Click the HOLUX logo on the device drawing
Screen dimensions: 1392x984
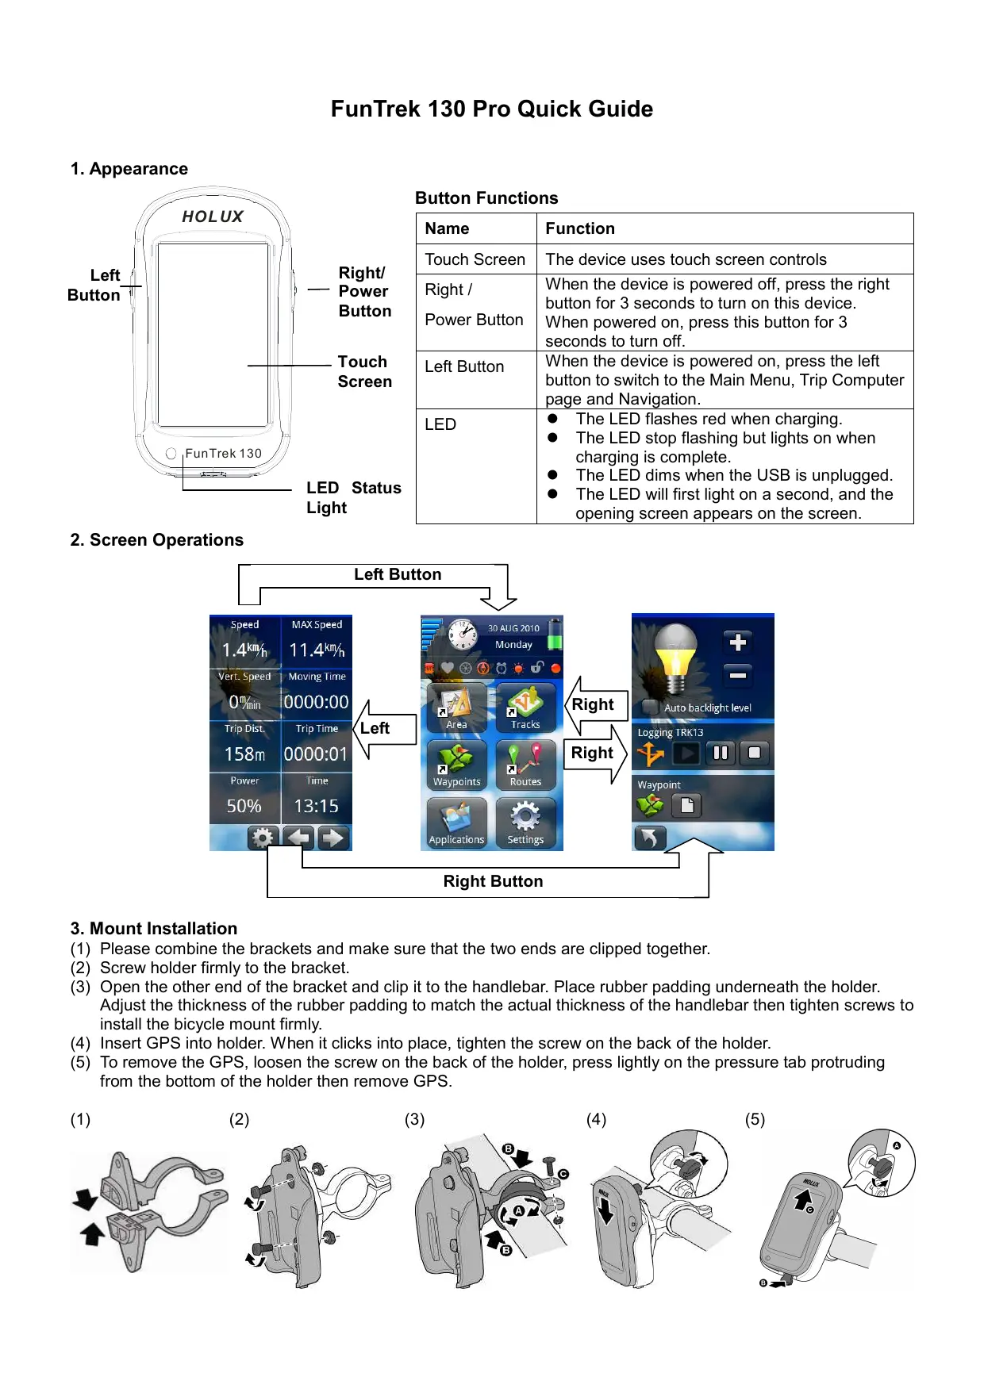pyautogui.click(x=213, y=217)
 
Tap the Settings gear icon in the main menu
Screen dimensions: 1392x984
pyautogui.click(x=525, y=820)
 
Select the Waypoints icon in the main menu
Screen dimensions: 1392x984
pyautogui.click(x=456, y=763)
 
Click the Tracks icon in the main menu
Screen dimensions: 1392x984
pyautogui.click(x=525, y=705)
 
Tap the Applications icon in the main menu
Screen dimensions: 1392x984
pyautogui.click(x=456, y=820)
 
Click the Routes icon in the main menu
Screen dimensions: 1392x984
pyautogui.click(x=525, y=763)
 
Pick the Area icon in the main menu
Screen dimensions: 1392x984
pyautogui.click(x=456, y=705)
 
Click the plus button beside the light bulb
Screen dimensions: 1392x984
pyautogui.click(x=738, y=642)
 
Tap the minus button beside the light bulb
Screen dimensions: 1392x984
pyautogui.click(x=738, y=675)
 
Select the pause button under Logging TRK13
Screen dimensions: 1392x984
pyautogui.click(x=721, y=752)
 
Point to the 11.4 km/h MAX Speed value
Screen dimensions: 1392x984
pyautogui.click(x=317, y=650)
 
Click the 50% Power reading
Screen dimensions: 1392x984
pyautogui.click(x=244, y=806)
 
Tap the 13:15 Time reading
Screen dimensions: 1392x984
pyautogui.click(x=317, y=806)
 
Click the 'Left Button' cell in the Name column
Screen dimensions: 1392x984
pyautogui.click(x=464, y=366)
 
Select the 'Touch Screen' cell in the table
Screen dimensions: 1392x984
pyautogui.click(x=475, y=259)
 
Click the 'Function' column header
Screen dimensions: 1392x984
pyautogui.click(x=580, y=228)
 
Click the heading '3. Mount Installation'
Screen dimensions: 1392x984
pyautogui.click(x=154, y=928)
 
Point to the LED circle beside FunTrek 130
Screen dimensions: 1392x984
pyautogui.click(x=171, y=454)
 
